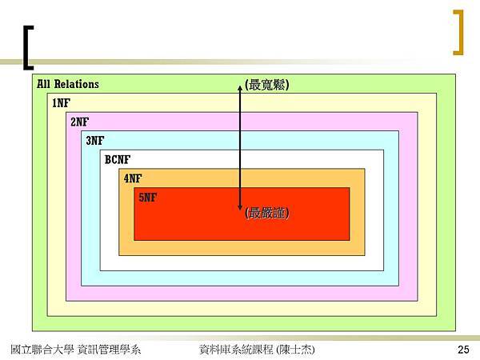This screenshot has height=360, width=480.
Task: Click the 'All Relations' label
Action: pos(68,84)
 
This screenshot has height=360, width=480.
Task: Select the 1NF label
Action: pos(62,103)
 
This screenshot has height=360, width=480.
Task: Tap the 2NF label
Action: pos(79,122)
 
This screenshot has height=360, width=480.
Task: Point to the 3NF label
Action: pos(95,141)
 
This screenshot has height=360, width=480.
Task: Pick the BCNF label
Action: pos(118,159)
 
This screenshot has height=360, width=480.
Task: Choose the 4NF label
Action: pos(133,178)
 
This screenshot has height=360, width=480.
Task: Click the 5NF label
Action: pos(147,198)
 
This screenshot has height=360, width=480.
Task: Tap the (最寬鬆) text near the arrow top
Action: pos(267,85)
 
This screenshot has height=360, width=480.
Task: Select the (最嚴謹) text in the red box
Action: pos(267,213)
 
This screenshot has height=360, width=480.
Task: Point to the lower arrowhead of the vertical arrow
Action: pos(240,208)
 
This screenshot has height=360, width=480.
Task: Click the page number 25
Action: pos(463,350)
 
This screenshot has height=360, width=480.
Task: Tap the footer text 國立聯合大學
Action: pos(42,350)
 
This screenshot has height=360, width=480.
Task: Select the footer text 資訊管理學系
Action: pos(110,350)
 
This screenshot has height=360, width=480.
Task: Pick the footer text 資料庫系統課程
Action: pos(236,350)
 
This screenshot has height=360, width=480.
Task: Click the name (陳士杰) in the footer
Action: pos(295,350)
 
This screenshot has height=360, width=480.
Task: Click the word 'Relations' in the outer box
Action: pos(77,84)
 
